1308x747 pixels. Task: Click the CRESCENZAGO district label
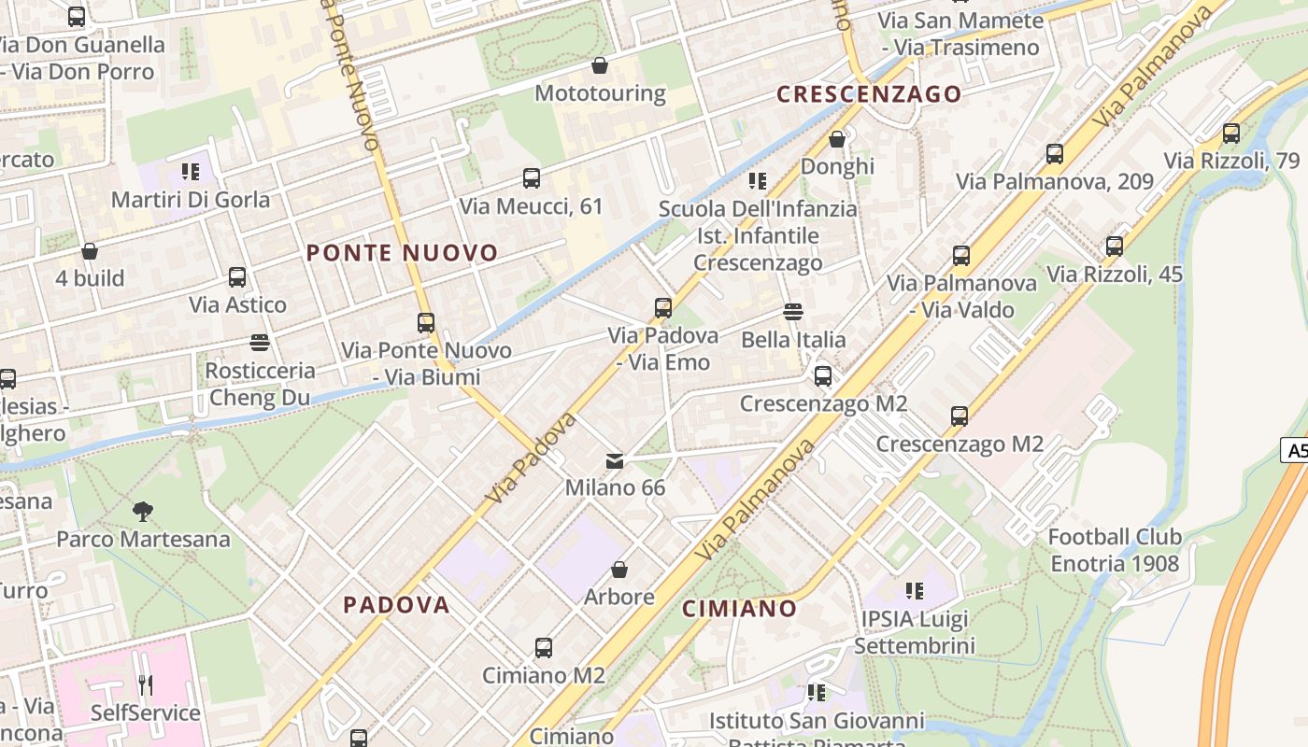pyautogui.click(x=869, y=94)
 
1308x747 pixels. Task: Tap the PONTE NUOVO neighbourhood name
pyautogui.click(x=403, y=253)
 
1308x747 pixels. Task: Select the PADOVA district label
pyautogui.click(x=396, y=605)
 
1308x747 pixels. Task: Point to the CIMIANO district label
pyautogui.click(x=739, y=610)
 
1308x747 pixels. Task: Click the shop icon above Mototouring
pyautogui.click(x=600, y=65)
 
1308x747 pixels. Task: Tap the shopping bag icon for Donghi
pyautogui.click(x=837, y=139)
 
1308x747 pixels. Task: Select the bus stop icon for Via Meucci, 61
pyautogui.click(x=532, y=177)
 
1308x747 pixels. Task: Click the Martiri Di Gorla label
pyautogui.click(x=191, y=200)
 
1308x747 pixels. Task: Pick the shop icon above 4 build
pyautogui.click(x=90, y=251)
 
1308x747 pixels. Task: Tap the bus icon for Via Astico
pyautogui.click(x=237, y=276)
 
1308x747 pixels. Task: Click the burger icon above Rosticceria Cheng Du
pyautogui.click(x=260, y=343)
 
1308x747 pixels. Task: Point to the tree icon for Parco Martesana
pyautogui.click(x=143, y=511)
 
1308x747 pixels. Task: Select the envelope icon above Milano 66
pyautogui.click(x=615, y=460)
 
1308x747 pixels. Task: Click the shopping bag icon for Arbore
pyautogui.click(x=618, y=569)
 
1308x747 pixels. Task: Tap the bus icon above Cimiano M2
pyautogui.click(x=544, y=647)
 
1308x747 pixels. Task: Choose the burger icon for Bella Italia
pyautogui.click(x=793, y=311)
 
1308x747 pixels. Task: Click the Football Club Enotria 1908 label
pyautogui.click(x=1115, y=550)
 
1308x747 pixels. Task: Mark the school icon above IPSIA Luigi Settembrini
pyautogui.click(x=914, y=590)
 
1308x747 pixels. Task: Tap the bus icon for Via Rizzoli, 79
pyautogui.click(x=1231, y=133)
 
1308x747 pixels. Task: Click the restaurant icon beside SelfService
pyautogui.click(x=145, y=685)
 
